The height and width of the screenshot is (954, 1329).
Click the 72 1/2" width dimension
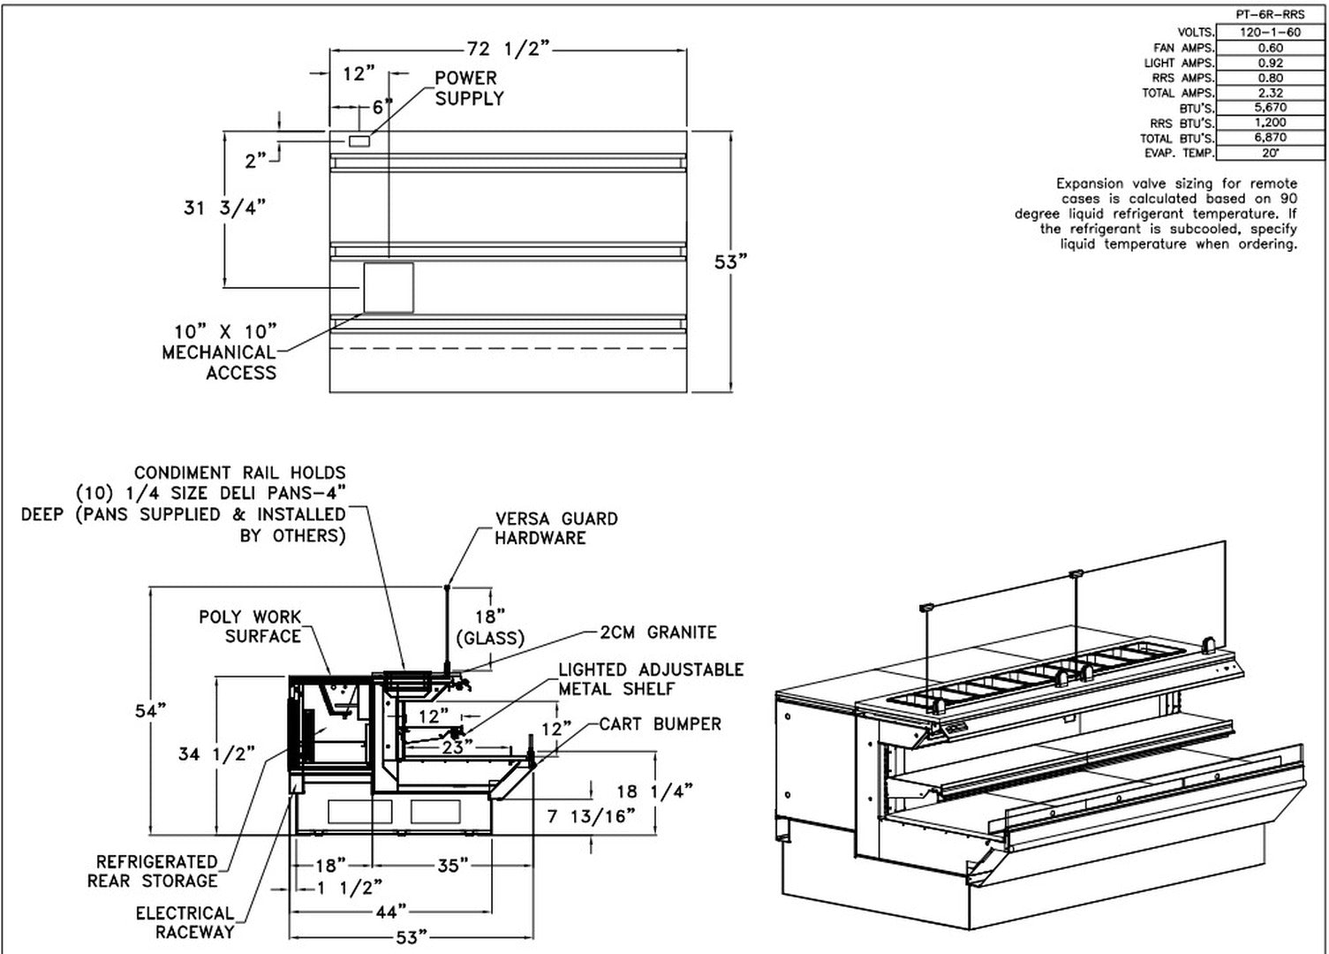(509, 49)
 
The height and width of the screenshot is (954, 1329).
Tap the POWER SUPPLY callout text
(469, 88)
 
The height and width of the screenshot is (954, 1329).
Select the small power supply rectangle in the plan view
(359, 140)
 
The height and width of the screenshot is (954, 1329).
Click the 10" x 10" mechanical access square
(389, 287)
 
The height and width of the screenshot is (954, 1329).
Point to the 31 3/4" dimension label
(225, 208)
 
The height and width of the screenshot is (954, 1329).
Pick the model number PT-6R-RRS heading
(1270, 15)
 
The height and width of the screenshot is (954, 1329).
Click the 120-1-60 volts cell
(1270, 32)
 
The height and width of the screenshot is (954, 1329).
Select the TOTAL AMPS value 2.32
(1270, 93)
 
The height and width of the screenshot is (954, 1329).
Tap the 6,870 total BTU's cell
(1270, 137)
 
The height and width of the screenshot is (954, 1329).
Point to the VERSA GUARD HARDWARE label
(556, 527)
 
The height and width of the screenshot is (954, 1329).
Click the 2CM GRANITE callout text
(658, 632)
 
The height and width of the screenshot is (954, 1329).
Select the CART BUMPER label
(660, 723)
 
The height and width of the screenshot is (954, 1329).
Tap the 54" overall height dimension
(151, 710)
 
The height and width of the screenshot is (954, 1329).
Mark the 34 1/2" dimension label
(216, 754)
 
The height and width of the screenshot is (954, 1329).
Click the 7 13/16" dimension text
(591, 816)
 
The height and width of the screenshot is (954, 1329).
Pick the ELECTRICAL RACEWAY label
(185, 922)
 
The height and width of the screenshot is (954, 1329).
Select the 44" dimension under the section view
(391, 912)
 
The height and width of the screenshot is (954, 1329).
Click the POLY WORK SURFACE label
(251, 626)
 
